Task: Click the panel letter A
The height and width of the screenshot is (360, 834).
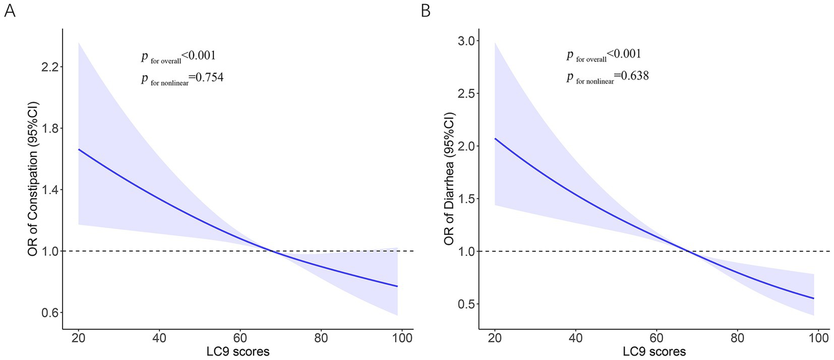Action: point(9,11)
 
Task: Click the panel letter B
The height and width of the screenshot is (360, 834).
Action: point(426,11)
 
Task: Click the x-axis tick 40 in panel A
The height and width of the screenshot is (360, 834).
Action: point(159,338)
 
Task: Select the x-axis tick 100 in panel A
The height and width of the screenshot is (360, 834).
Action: point(402,338)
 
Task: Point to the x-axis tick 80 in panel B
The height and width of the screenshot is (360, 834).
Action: point(737,338)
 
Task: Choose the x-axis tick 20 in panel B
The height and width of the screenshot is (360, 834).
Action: point(495,338)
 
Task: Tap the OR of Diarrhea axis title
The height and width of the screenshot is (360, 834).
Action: point(450,179)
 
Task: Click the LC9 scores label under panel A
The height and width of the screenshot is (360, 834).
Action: point(238,351)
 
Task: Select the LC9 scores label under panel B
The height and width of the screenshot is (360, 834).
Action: point(654,351)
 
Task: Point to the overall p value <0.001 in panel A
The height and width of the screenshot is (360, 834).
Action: point(199,55)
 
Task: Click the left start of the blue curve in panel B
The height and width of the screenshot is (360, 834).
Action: point(495,139)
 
